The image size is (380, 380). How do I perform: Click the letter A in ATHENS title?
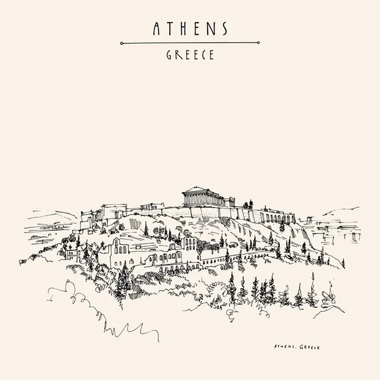pos(156,28)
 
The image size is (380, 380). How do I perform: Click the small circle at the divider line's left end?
pos(122,42)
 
